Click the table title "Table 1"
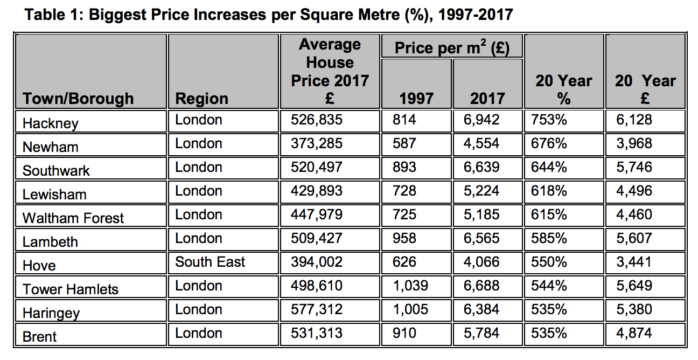point(269,15)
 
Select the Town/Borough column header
point(78,99)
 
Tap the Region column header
point(202,99)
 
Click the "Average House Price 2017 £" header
point(330,71)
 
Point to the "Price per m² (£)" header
point(451,47)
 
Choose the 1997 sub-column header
point(416,98)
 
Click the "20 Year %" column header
point(563,89)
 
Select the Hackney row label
point(51,123)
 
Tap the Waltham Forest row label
point(73,218)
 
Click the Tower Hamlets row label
point(71,289)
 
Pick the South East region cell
point(210,262)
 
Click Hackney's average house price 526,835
point(317,120)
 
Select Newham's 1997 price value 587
point(404,143)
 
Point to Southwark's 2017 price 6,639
point(481,167)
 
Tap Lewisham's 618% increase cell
point(549,191)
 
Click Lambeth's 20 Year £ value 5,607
point(634,238)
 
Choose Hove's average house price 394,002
point(317,262)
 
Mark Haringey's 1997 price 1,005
point(411,309)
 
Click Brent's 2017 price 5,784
point(481,333)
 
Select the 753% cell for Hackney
point(549,120)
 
